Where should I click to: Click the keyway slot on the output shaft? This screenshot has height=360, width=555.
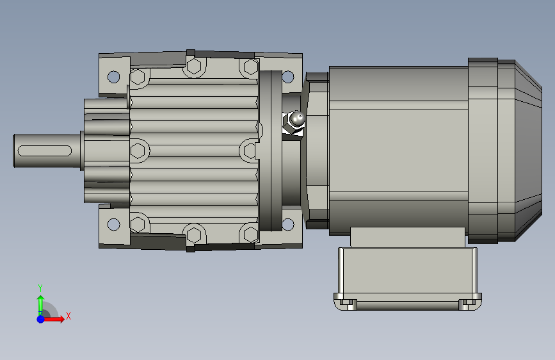[45, 151]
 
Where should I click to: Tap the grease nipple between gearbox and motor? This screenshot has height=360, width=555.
[294, 122]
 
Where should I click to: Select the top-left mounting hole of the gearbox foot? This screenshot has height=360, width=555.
[113, 76]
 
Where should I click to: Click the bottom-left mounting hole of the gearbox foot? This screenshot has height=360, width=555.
[113, 224]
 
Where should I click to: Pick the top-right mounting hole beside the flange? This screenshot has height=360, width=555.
[288, 76]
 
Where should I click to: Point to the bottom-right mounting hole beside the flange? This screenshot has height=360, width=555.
[288, 224]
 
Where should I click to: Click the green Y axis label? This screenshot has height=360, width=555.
[40, 288]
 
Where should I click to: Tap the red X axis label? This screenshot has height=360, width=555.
[68, 316]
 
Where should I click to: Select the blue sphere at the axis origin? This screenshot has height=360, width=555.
[41, 319]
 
